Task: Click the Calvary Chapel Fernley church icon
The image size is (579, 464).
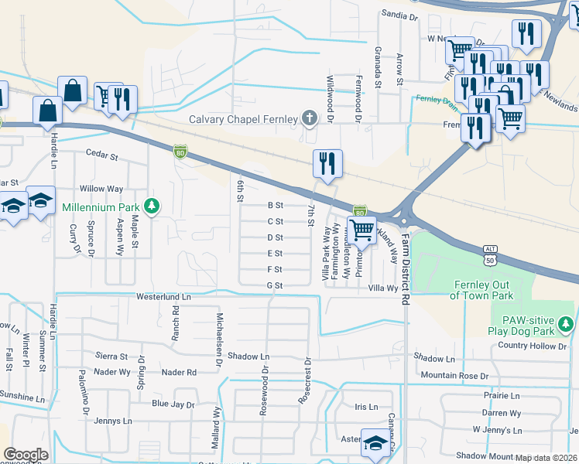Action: tap(310, 119)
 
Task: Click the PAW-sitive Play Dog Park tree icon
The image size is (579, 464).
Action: tap(567, 322)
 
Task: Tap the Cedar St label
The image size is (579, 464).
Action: tap(101, 155)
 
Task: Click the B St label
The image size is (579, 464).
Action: tap(276, 205)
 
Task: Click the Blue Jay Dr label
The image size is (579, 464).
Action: tap(172, 404)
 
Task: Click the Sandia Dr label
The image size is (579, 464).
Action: tap(399, 15)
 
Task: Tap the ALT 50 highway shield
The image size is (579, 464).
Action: tap(490, 259)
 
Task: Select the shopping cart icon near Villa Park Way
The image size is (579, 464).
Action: tap(361, 230)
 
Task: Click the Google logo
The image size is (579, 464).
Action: tap(26, 455)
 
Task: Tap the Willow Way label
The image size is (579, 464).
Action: tap(101, 189)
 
